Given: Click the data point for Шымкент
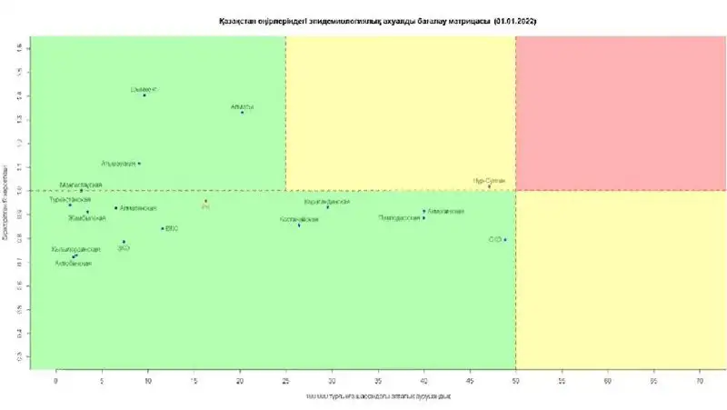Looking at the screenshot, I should pos(144,95).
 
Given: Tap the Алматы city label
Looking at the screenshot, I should pos(242,106).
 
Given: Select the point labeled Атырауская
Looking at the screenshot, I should pos(139,164).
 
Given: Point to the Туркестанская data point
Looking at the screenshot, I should pos(70,205).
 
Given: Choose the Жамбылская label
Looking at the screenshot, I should pos(87,218).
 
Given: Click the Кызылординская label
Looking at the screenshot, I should pos(75,249).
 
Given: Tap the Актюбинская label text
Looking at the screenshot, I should pos(73,264).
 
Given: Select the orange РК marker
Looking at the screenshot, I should pos(206,202).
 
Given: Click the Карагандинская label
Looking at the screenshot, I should pos(326,201).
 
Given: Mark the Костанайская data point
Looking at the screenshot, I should pos(299,225).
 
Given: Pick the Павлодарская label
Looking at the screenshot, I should pos(400,218).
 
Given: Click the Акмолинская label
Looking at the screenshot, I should pos(445,212).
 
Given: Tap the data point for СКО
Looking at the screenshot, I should pos(505,239).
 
